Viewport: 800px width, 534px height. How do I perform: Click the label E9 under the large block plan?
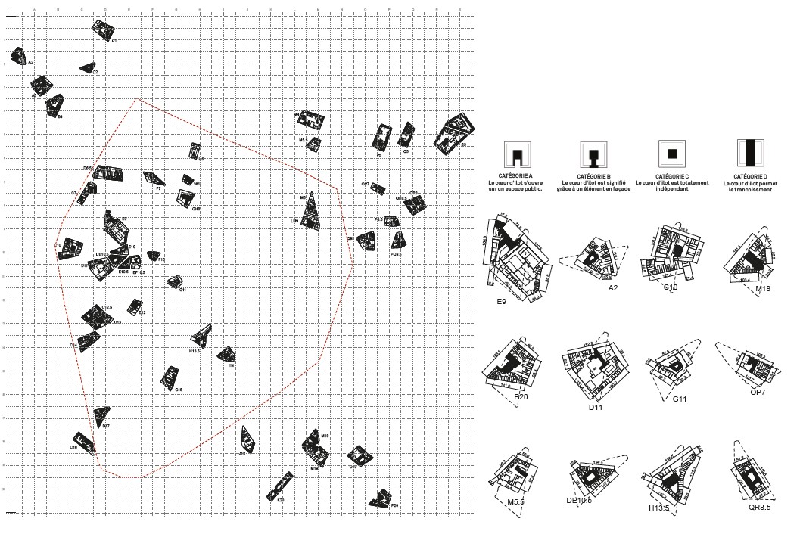point(502,301)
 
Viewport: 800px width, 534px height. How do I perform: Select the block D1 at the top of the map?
point(103,30)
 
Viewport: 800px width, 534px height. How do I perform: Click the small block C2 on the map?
point(88,67)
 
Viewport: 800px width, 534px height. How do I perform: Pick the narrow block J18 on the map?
point(247,439)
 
